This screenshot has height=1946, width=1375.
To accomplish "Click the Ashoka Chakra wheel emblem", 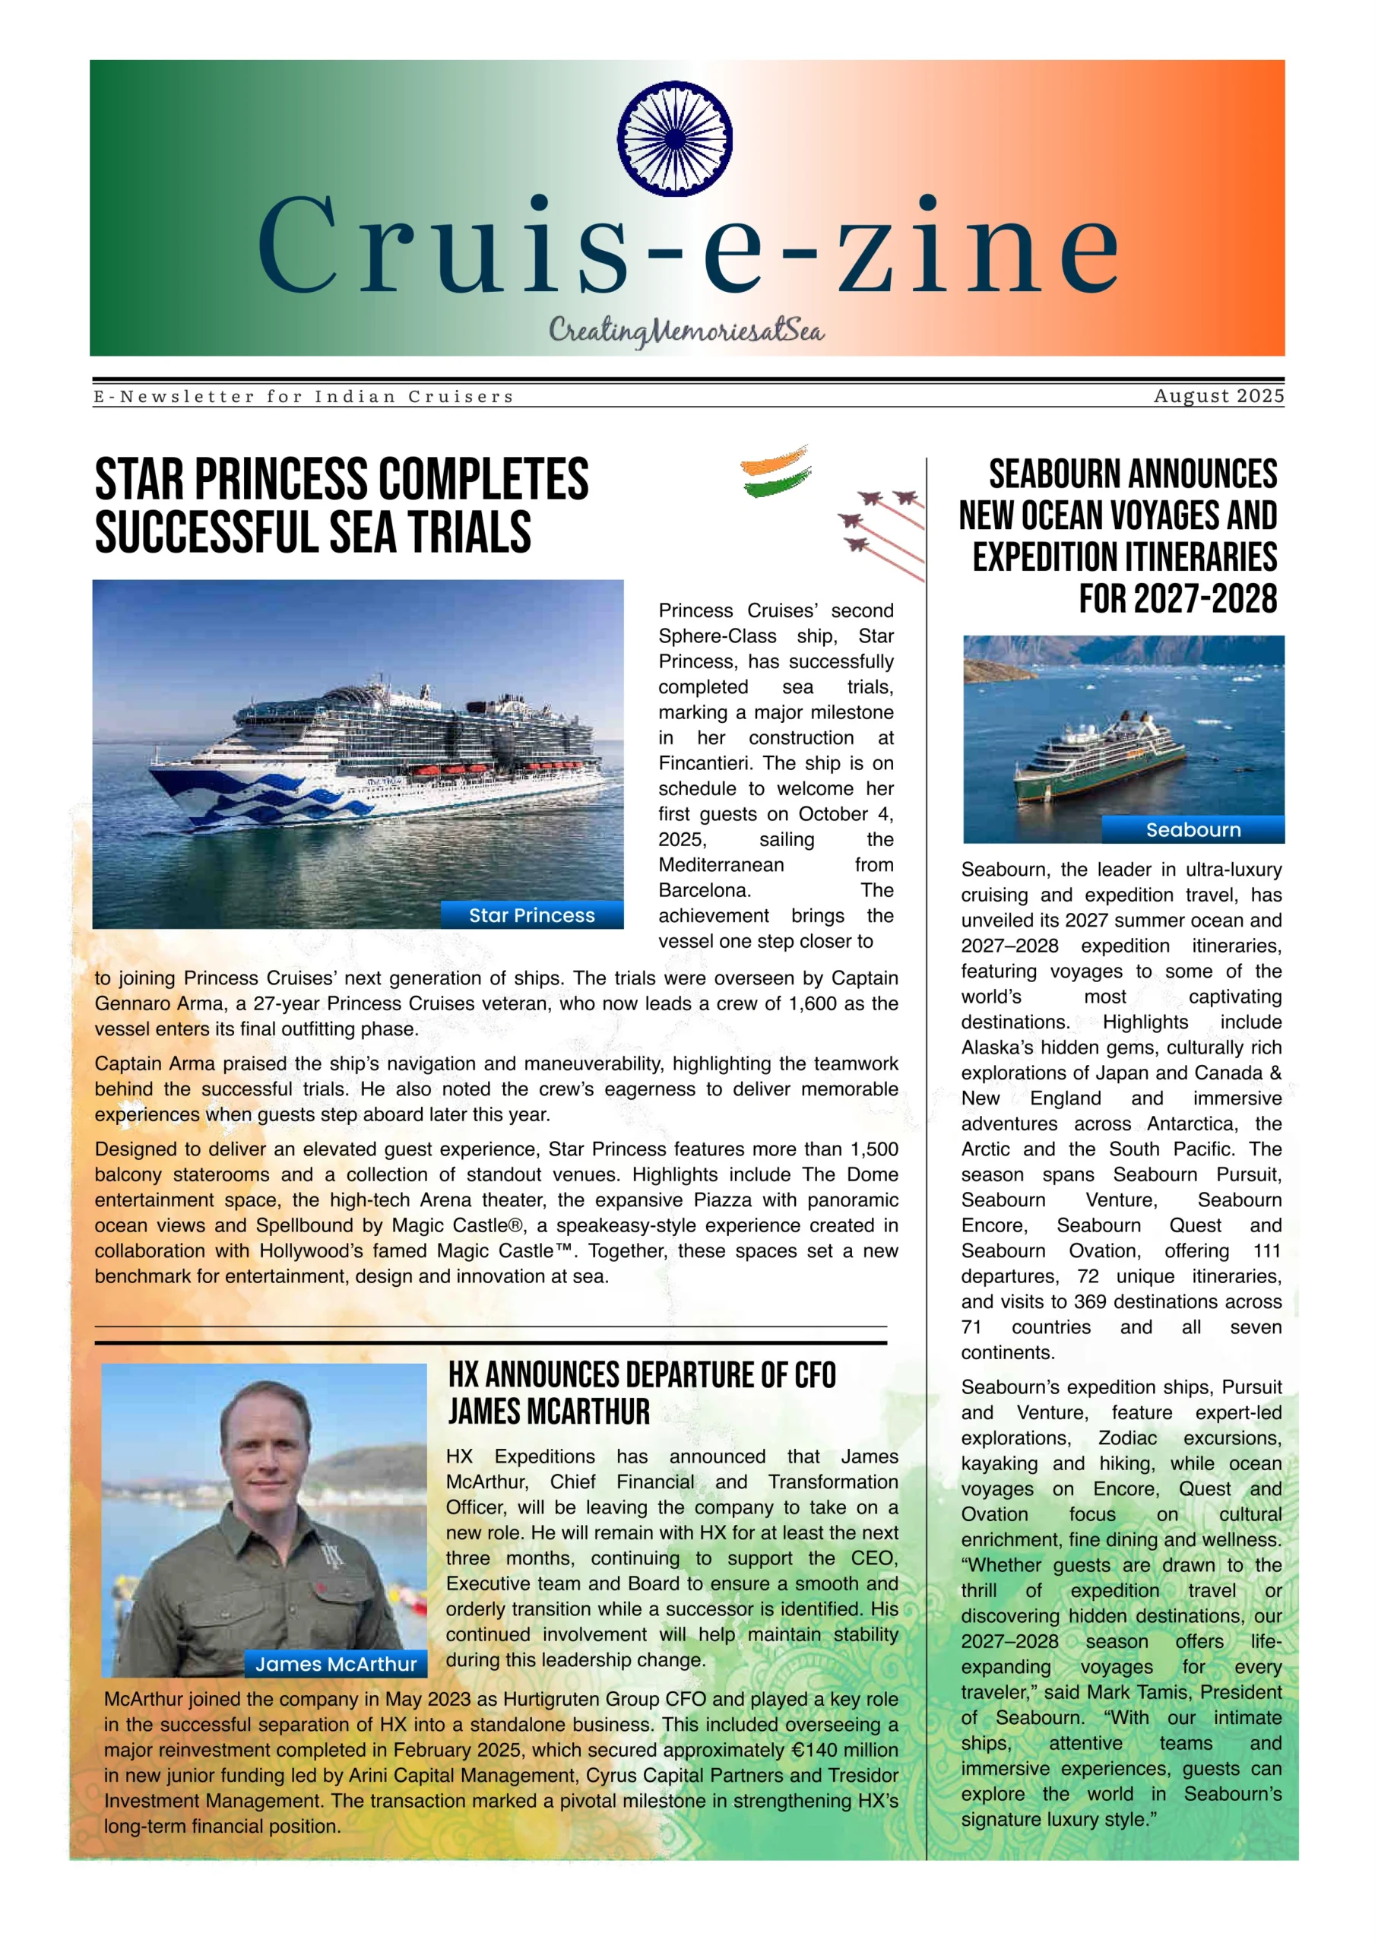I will point(675,138).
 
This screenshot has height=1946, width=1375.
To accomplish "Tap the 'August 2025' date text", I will point(1218,396).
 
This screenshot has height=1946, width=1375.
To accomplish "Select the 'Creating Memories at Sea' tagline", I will point(686,331).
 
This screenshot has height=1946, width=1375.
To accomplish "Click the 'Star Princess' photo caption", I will point(531,915).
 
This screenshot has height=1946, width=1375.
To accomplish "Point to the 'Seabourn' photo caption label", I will point(1193,830).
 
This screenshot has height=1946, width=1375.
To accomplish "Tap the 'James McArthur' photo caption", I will point(336,1664).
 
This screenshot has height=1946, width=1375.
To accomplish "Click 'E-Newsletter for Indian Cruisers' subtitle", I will point(303,397).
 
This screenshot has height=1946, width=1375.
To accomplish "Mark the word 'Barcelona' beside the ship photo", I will point(703,890).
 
